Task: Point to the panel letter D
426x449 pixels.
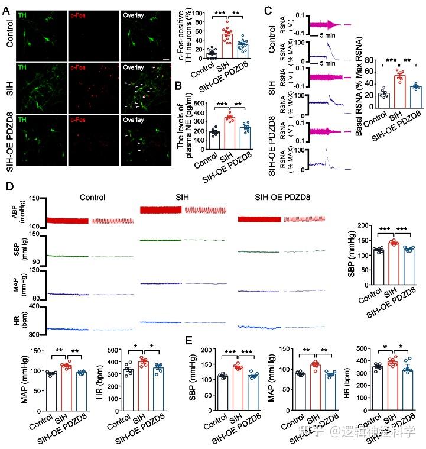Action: (8, 186)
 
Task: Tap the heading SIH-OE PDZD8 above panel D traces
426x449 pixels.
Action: (272, 198)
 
